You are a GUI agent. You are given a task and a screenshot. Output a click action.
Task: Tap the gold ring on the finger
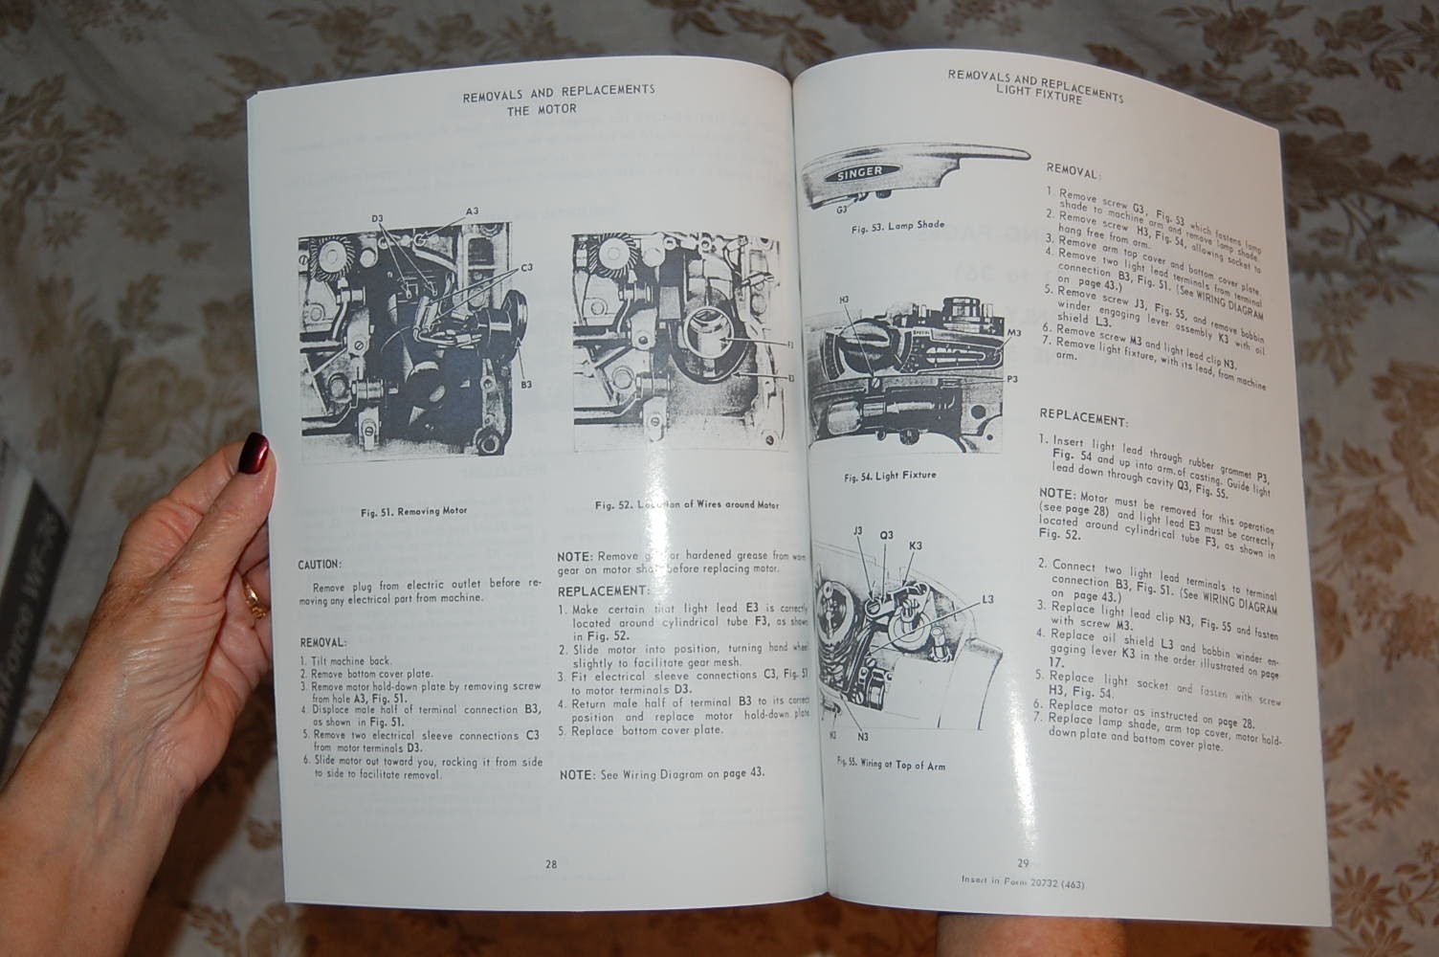click(254, 598)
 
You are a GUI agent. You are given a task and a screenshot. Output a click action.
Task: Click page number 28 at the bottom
click(551, 864)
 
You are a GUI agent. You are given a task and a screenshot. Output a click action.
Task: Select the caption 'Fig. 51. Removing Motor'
click(413, 511)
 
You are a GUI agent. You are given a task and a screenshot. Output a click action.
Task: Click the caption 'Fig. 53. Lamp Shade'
click(897, 225)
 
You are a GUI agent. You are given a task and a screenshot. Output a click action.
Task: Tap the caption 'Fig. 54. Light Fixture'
click(890, 476)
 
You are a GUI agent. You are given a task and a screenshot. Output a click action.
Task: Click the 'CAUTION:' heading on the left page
click(320, 566)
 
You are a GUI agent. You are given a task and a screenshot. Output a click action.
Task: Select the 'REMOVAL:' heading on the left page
click(322, 641)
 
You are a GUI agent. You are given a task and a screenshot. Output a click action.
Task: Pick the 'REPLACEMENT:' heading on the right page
click(1083, 420)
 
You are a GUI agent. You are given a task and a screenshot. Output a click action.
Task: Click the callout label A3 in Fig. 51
click(472, 211)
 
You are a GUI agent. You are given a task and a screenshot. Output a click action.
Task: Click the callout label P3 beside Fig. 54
click(1011, 379)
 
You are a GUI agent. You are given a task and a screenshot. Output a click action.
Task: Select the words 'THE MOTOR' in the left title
click(542, 109)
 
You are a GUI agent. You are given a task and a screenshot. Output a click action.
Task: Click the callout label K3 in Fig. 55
click(915, 545)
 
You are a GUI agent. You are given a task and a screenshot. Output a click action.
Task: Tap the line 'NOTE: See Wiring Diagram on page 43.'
click(662, 773)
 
